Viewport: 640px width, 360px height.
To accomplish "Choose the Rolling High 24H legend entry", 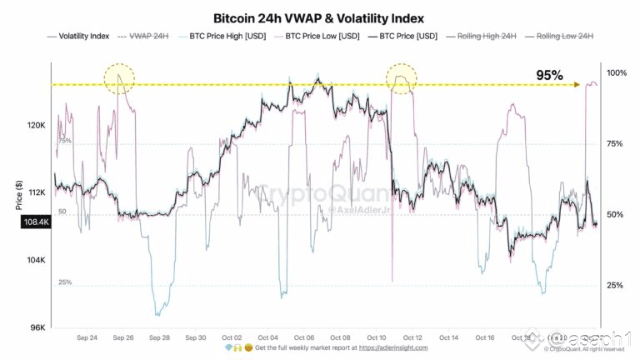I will tap(482, 37).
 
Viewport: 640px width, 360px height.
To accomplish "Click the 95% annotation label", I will tap(551, 75).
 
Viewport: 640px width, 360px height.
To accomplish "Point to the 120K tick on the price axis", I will tap(35, 126).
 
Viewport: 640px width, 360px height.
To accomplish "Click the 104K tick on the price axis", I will tap(35, 260).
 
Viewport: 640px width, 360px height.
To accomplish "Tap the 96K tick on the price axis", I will tap(37, 327).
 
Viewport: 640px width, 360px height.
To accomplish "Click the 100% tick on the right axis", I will tap(616, 73).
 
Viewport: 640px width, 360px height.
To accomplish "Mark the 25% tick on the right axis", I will tap(616, 286).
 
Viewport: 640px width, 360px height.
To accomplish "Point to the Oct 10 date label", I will tap(377, 337).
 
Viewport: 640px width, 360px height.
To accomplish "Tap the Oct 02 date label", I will tap(232, 337).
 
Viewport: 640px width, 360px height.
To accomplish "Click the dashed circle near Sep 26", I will tap(120, 79).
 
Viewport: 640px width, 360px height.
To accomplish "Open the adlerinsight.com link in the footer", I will tap(392, 347).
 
